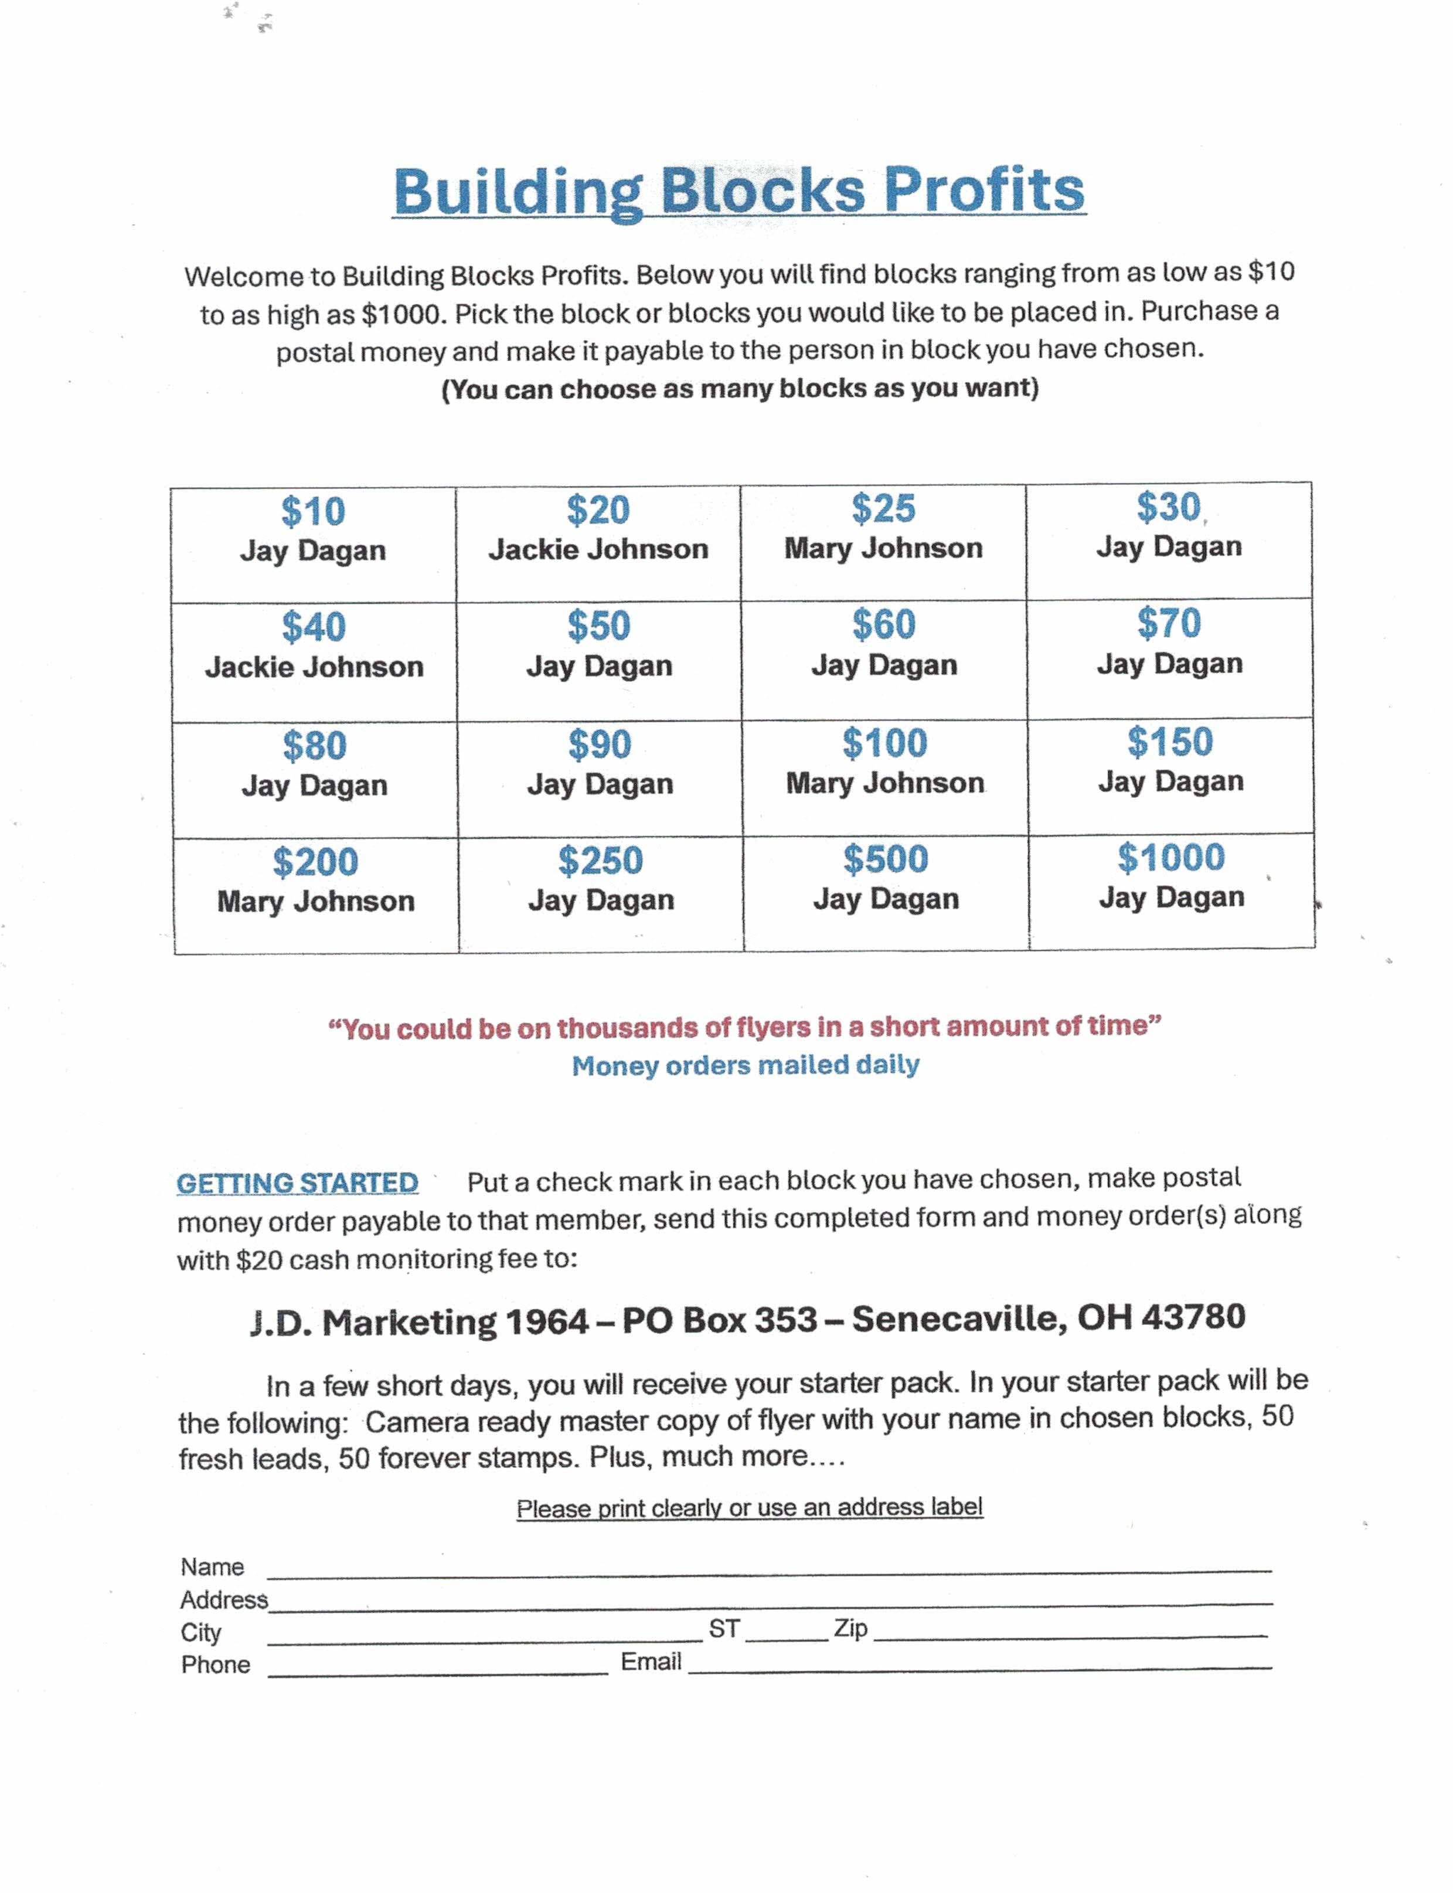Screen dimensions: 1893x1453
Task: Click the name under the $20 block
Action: (598, 549)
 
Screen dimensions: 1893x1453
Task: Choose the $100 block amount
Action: (885, 743)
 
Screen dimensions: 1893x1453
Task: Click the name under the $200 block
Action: (316, 902)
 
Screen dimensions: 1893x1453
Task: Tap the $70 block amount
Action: (1169, 623)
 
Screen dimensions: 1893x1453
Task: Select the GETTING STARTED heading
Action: (298, 1182)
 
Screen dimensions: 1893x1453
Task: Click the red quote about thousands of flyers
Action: (744, 1027)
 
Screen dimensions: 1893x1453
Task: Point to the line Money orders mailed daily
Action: (746, 1065)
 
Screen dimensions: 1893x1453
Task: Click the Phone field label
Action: (215, 1666)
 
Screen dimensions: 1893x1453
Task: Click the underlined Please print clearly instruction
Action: (749, 1508)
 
